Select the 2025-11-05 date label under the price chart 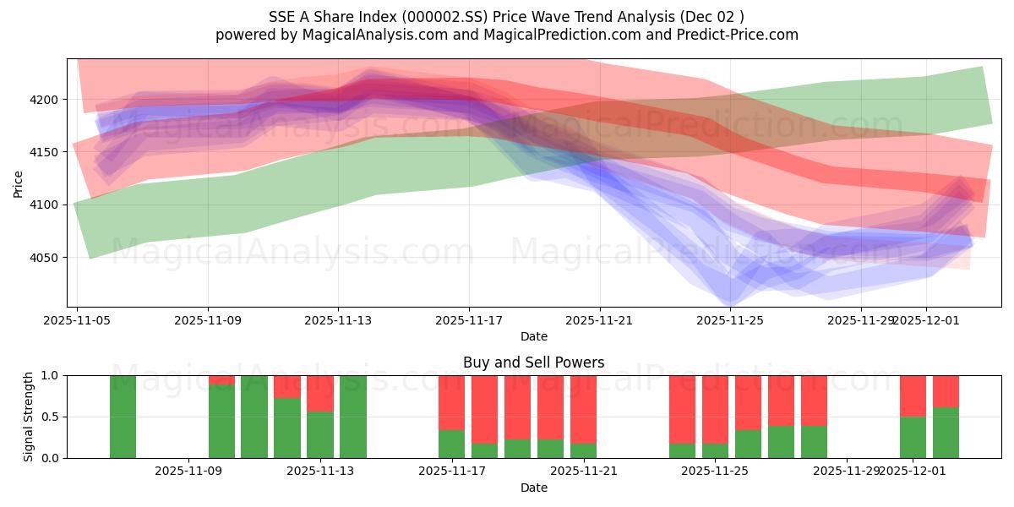coord(77,320)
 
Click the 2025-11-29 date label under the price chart coord(860,320)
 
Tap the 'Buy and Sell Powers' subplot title coord(533,363)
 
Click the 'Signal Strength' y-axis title coord(29,417)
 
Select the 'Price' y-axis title coord(19,183)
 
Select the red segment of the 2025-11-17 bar coord(452,402)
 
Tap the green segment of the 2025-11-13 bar coord(320,434)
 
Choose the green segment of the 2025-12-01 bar coord(913,437)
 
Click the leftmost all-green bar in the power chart coord(123,417)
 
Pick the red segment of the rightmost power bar coord(946,391)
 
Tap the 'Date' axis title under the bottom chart coord(533,488)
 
